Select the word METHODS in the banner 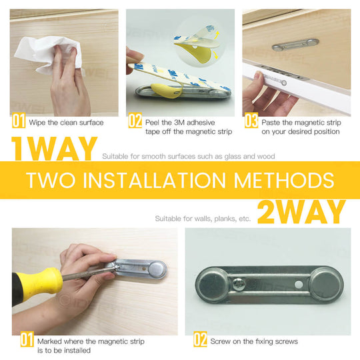pos(286,180)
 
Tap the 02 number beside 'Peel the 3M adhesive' pos(135,122)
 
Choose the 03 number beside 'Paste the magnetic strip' pos(251,122)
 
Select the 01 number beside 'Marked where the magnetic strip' pos(26,340)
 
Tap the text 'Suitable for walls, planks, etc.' pos(203,218)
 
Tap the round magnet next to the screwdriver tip pos(156,269)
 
